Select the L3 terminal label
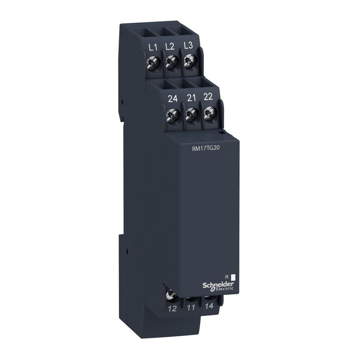(188, 46)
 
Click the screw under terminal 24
(173, 115)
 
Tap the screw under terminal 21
(191, 113)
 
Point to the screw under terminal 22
(209, 112)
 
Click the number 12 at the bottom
(172, 309)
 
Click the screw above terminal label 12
(172, 294)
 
